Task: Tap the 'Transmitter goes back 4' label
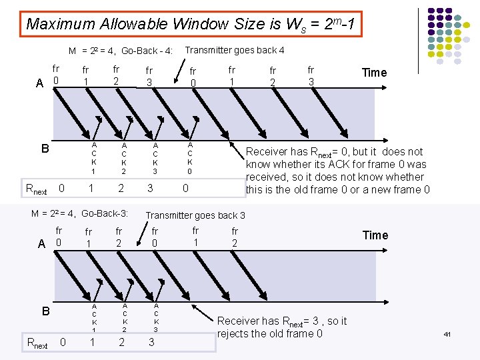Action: [234, 50]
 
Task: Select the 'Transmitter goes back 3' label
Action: [195, 215]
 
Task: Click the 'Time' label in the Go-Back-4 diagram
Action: [374, 73]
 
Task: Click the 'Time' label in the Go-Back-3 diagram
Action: [375, 235]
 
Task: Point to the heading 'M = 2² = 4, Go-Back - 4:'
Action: [121, 51]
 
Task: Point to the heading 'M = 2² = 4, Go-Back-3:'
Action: [80, 214]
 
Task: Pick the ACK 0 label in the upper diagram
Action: [190, 158]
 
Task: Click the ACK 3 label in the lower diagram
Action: [155, 317]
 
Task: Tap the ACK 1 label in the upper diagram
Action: [94, 158]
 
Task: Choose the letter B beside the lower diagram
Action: [46, 311]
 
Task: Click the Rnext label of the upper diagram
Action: [35, 189]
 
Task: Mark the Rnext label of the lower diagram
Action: [36, 343]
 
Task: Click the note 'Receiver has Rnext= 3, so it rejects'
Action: [282, 327]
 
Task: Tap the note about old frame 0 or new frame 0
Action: [338, 171]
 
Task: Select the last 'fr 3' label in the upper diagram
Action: [311, 75]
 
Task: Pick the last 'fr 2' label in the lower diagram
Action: [235, 237]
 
